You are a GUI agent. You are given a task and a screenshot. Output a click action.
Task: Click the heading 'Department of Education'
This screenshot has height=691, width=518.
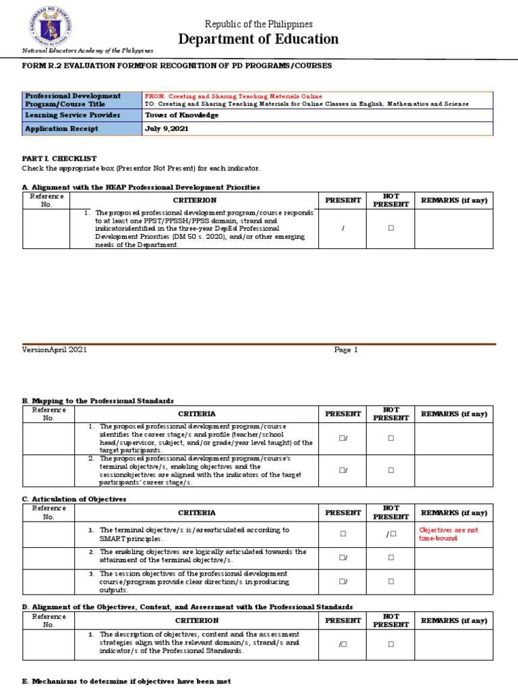(x=258, y=39)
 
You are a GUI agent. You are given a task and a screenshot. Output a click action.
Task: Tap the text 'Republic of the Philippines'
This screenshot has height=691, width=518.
(x=258, y=24)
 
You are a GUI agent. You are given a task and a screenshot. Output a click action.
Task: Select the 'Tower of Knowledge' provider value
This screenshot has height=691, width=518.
(x=182, y=115)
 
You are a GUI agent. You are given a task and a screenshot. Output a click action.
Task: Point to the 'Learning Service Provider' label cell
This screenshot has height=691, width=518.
(x=72, y=115)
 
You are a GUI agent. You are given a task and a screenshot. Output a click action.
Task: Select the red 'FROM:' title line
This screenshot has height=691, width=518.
(x=233, y=96)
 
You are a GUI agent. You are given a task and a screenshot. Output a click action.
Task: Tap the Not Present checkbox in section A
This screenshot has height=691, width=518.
(x=391, y=229)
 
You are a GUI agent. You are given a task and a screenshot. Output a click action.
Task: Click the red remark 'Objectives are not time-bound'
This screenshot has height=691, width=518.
(x=449, y=534)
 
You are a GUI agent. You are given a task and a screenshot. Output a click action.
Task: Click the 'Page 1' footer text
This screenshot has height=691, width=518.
(x=346, y=350)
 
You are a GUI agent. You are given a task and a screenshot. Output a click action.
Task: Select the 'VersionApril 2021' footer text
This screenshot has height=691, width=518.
(x=55, y=350)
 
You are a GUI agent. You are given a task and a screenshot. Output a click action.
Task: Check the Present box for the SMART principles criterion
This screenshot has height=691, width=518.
(x=343, y=534)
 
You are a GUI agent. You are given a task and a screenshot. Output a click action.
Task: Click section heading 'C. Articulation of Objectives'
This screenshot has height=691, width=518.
(x=74, y=499)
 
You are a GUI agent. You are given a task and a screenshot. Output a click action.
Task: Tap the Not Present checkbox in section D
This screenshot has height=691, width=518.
(x=391, y=644)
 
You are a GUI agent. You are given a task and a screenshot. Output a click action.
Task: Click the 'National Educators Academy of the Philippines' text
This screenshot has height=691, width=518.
(x=88, y=51)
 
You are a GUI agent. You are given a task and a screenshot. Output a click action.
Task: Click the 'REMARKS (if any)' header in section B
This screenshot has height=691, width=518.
(x=454, y=414)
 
